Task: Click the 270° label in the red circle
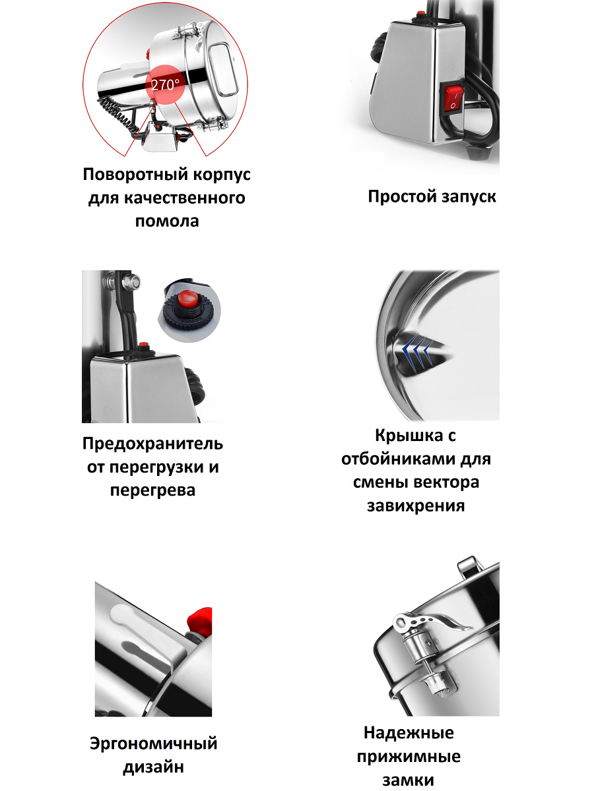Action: click(165, 85)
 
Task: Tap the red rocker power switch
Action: click(453, 98)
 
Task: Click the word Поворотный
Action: click(135, 175)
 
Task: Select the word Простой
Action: click(401, 197)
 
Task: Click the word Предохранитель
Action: click(152, 444)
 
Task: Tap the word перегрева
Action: click(152, 490)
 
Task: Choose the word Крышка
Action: click(409, 435)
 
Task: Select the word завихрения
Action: click(416, 506)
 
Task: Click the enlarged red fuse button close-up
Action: click(188, 300)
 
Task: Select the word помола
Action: click(167, 221)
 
